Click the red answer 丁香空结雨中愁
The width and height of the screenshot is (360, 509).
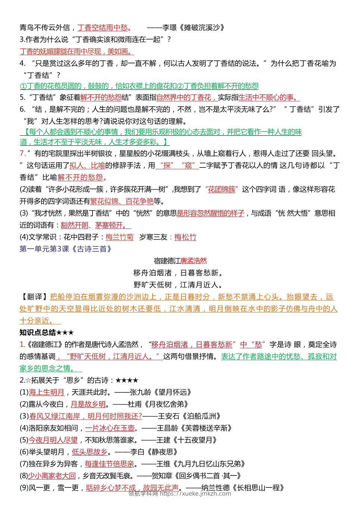click(103, 28)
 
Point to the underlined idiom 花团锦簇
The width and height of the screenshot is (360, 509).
click(221, 189)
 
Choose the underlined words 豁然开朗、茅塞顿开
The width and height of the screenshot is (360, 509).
click(95, 225)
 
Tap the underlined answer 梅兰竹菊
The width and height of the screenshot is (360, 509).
click(119, 237)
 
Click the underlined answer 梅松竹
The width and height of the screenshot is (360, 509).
click(185, 237)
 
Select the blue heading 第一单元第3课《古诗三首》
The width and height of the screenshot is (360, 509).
click(66, 249)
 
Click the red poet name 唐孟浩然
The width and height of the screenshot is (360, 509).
click(194, 261)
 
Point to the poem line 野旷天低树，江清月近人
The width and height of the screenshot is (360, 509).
click(178, 285)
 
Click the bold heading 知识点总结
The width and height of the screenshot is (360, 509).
click(38, 333)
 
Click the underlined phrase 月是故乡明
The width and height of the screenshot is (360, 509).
click(88, 404)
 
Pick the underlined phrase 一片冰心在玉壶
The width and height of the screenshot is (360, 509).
click(110, 428)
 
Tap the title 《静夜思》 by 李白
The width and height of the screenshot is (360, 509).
click(162, 452)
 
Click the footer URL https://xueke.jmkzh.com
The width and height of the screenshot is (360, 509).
click(195, 494)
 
